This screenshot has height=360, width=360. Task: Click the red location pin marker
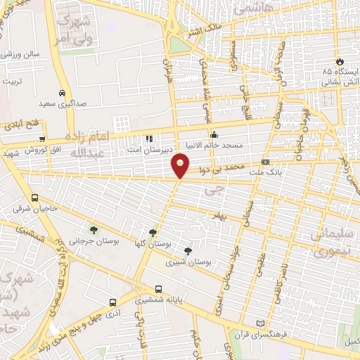click(181, 165)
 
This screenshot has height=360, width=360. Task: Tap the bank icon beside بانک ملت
click(265, 162)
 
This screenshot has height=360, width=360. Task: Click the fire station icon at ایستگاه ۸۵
click(340, 62)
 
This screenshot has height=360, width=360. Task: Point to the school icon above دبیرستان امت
click(148, 139)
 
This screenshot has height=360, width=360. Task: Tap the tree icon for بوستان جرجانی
click(93, 229)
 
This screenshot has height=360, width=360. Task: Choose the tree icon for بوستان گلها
click(153, 233)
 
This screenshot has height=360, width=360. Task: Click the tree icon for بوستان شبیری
click(187, 250)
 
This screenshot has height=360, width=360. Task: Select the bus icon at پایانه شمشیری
click(158, 288)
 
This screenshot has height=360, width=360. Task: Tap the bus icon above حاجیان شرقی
click(35, 198)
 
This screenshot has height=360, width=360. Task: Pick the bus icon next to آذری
click(112, 302)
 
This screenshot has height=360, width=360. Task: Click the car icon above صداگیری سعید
click(63, 93)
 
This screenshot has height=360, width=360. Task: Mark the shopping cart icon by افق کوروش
click(43, 139)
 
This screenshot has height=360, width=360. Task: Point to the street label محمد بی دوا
click(224, 168)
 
